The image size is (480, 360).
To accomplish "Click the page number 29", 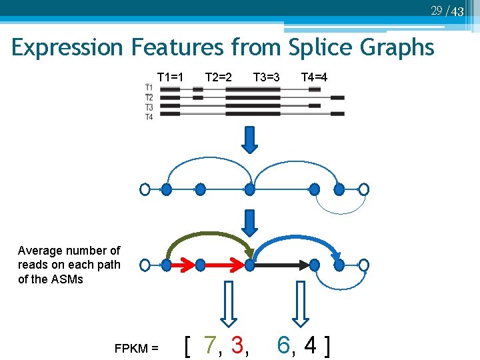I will click(x=437, y=10).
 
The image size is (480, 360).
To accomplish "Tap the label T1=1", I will click(x=170, y=77).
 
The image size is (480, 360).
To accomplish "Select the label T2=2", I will click(x=218, y=77).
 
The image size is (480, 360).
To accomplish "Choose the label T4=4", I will click(x=314, y=77).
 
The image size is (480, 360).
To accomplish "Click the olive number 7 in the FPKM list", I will click(x=211, y=345).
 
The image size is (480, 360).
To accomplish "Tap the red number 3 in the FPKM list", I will click(x=237, y=345).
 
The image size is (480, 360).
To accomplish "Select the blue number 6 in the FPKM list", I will click(x=283, y=345).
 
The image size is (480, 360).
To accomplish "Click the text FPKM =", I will click(x=136, y=348).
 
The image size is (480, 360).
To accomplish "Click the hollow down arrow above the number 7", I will click(x=228, y=303).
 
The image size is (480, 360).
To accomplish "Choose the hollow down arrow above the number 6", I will click(x=301, y=303).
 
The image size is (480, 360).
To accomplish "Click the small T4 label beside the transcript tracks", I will click(x=149, y=117).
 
